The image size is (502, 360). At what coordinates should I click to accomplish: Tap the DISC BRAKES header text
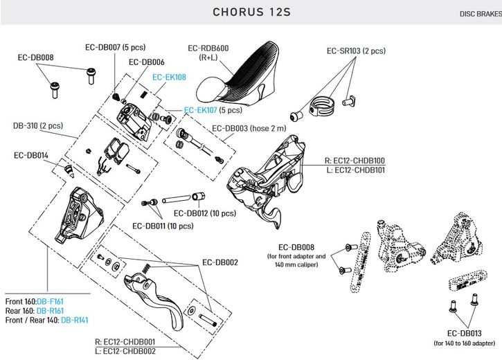click(479, 14)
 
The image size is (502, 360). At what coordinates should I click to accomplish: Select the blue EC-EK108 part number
click(169, 78)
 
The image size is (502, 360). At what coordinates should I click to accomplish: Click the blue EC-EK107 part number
click(201, 110)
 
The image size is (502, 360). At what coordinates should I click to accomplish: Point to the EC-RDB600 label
click(208, 48)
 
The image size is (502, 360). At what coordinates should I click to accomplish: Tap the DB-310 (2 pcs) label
click(38, 126)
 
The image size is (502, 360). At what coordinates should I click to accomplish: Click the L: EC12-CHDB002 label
click(126, 351)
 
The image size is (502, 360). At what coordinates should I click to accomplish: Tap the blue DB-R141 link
click(75, 320)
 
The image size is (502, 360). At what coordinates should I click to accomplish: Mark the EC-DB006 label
click(147, 62)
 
